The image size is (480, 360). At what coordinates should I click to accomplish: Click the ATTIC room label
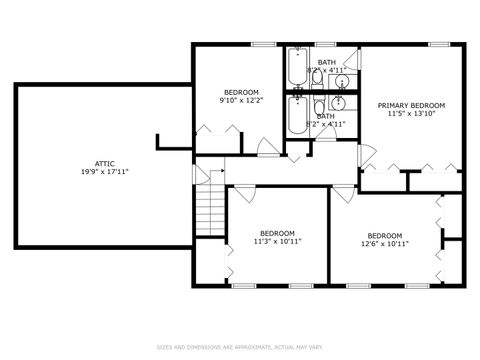(x=104, y=163)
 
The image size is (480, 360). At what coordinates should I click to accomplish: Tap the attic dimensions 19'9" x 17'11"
(x=104, y=171)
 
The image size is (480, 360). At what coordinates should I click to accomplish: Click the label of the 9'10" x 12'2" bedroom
(x=241, y=92)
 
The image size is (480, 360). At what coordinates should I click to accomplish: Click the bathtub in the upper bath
(x=297, y=70)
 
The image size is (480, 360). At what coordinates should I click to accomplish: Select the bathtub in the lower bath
(x=297, y=115)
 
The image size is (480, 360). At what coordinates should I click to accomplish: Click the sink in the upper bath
(x=341, y=82)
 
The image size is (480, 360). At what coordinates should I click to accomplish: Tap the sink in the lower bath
(x=339, y=102)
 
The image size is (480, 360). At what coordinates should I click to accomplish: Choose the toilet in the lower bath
(x=319, y=107)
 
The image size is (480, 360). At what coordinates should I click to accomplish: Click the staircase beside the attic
(x=208, y=211)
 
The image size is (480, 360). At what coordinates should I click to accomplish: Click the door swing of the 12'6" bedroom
(x=344, y=195)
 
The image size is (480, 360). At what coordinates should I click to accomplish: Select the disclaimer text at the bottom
(x=240, y=347)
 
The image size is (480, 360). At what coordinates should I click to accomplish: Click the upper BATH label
(x=327, y=62)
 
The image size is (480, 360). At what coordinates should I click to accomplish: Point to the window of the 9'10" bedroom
(x=263, y=44)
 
